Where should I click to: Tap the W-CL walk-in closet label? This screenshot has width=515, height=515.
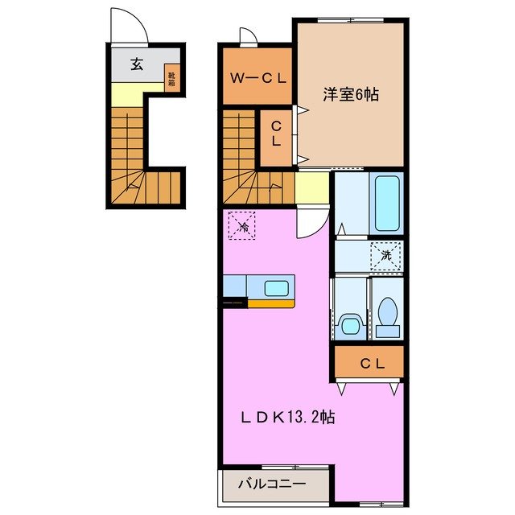[x=256, y=78]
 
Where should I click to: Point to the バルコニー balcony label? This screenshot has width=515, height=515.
[x=272, y=484]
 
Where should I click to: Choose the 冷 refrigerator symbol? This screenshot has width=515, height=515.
[x=242, y=226]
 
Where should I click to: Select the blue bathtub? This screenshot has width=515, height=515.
[x=387, y=204]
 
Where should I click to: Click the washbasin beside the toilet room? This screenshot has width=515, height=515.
[x=349, y=325]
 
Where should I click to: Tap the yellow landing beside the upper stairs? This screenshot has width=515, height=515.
[x=311, y=188]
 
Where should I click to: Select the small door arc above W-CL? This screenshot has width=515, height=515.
[x=247, y=36]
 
